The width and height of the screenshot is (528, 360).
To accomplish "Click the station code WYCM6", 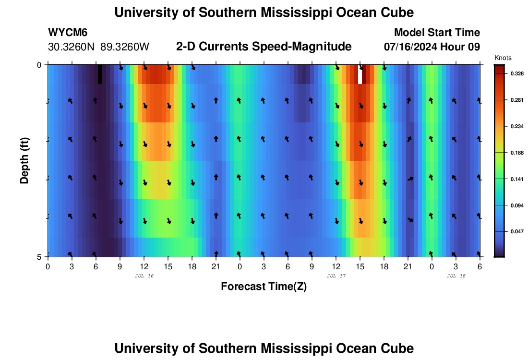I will click(68, 33).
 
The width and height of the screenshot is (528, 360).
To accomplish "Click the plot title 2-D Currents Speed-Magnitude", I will click(264, 47).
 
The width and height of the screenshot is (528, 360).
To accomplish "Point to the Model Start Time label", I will click(436, 33).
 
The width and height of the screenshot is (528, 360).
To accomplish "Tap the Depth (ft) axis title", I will click(24, 160).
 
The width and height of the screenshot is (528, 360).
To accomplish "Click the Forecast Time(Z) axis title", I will click(264, 287).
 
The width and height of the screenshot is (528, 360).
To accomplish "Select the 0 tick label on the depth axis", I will click(39, 65).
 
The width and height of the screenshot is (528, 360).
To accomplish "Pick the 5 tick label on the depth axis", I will click(39, 257).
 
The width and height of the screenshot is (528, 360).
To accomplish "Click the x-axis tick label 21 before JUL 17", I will click(216, 266).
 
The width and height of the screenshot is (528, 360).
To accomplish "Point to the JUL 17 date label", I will click(336, 276).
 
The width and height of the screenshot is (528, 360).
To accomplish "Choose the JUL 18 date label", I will click(456, 276).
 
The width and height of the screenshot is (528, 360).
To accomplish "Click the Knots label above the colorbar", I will click(502, 58).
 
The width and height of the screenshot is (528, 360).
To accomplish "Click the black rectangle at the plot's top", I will click(100, 74).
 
